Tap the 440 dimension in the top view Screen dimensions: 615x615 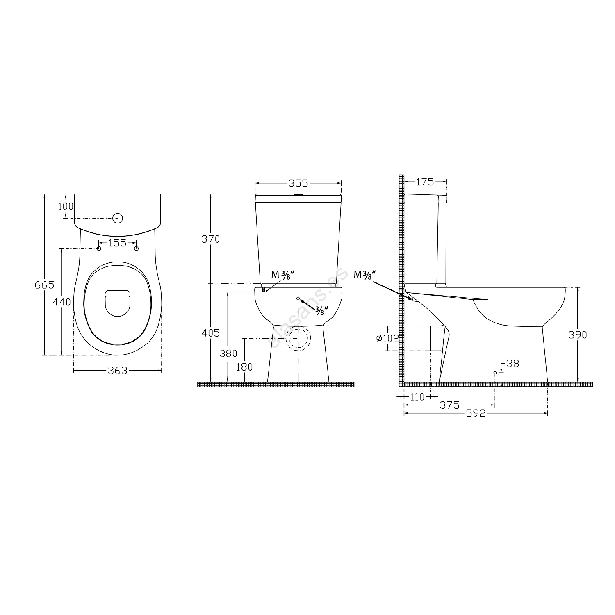pyautogui.click(x=61, y=302)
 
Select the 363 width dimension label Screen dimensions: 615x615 pyautogui.click(x=118, y=371)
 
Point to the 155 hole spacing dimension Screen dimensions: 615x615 pyautogui.click(x=118, y=243)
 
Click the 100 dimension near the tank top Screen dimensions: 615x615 pyautogui.click(x=66, y=206)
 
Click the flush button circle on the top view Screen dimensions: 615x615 pyautogui.click(x=118, y=218)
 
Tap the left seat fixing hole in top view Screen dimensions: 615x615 pyautogui.click(x=98, y=248)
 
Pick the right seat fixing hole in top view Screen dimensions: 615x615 pyautogui.click(x=137, y=248)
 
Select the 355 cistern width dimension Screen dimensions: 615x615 pyautogui.click(x=298, y=183)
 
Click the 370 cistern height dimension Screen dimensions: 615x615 pyautogui.click(x=211, y=239)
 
